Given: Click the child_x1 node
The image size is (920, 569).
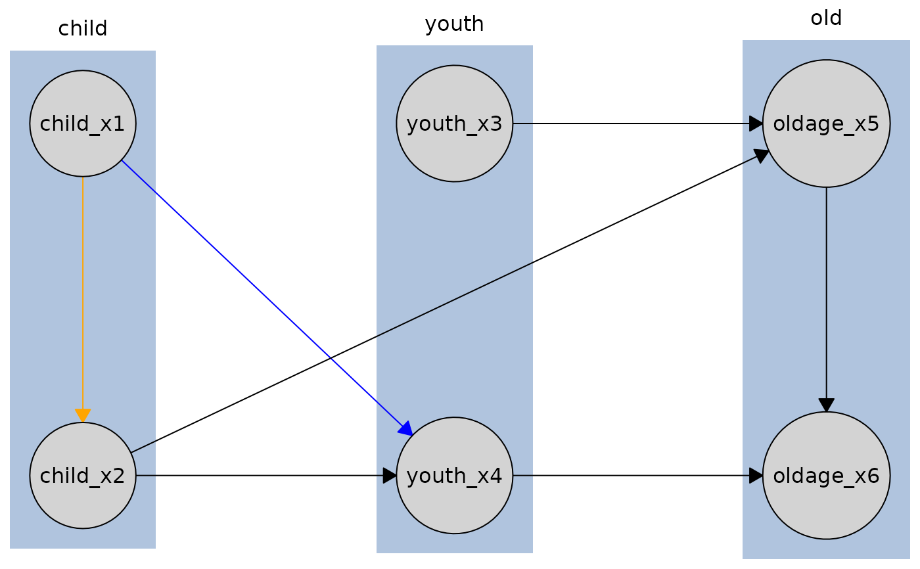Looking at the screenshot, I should tap(83, 124).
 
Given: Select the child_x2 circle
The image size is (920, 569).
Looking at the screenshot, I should tap(83, 475).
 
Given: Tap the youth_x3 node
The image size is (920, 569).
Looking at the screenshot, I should tap(454, 124).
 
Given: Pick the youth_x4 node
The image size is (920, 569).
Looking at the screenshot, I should tap(454, 475).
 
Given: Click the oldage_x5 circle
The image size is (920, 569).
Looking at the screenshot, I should tap(826, 124).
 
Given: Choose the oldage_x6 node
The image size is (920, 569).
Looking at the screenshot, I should tap(826, 475).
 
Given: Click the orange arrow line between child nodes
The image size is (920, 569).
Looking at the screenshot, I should tap(83, 296).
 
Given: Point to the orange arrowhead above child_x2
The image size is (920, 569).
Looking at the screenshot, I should tap(83, 415).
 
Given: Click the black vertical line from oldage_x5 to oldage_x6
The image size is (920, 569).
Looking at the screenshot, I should tap(826, 296).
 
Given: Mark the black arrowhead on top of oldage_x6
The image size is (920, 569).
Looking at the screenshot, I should tap(826, 405).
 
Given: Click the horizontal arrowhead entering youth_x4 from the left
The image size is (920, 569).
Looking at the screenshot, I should tap(390, 475).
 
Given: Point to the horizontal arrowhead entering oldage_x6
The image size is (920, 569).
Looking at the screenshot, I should tap(756, 475).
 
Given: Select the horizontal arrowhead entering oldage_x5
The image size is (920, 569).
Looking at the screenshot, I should tap(756, 124).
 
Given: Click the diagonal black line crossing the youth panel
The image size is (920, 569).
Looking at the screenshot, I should tap(454, 300).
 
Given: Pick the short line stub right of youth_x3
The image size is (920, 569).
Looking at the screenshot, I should tap(522, 124).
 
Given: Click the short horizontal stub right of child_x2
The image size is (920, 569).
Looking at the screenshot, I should tap(146, 475).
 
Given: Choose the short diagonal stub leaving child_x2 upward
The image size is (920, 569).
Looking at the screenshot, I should tap(143, 447).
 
